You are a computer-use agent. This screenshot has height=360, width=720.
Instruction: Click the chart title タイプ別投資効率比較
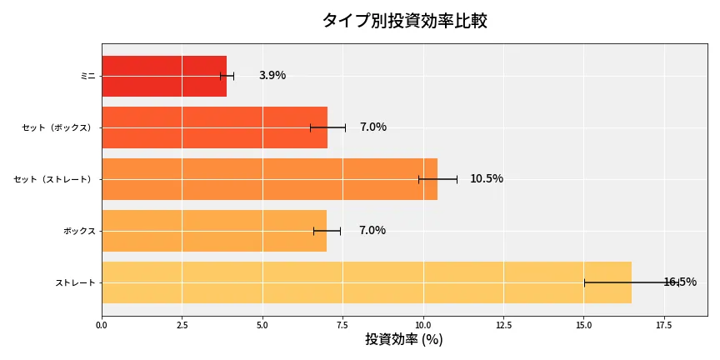(404, 21)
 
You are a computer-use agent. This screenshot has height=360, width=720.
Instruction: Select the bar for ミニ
(164, 76)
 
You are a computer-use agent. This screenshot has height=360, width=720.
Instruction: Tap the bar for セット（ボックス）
(214, 127)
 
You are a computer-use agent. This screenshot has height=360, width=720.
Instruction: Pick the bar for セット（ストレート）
(269, 179)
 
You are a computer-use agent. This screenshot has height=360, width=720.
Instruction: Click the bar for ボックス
(214, 231)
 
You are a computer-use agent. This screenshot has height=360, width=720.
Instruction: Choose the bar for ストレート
(366, 282)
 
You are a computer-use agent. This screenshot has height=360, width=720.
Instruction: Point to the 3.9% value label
(272, 76)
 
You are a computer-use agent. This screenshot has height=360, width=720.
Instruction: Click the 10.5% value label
(487, 179)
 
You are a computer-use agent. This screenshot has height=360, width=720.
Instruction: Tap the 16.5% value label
(680, 282)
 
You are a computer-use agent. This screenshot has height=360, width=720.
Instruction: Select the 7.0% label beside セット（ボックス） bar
(373, 127)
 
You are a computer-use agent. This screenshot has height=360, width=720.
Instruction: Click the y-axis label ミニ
(87, 76)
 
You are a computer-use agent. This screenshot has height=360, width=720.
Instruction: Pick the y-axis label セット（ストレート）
(55, 179)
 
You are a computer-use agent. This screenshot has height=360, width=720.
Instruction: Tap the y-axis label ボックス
(79, 231)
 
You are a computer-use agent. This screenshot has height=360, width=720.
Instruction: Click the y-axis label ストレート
(75, 282)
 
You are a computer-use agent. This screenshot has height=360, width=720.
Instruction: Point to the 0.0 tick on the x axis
(102, 325)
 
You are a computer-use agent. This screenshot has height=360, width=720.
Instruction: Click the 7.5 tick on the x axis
(342, 325)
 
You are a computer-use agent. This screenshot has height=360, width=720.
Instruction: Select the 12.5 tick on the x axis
(503, 325)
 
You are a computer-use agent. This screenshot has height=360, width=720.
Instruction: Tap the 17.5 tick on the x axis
(664, 325)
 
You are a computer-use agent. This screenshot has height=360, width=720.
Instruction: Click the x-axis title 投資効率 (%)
(404, 340)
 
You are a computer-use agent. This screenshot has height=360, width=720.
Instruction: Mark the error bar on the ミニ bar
(227, 76)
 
